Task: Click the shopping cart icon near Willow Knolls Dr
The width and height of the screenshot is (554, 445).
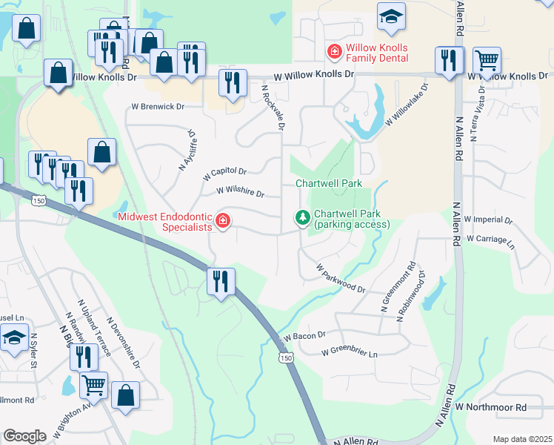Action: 487,61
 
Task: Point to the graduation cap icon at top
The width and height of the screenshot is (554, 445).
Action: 391,16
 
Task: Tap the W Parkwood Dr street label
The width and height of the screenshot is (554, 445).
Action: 341,277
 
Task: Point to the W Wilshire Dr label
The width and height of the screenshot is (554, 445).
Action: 240,193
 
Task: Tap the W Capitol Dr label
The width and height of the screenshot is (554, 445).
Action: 224,174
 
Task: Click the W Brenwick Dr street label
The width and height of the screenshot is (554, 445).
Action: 157,107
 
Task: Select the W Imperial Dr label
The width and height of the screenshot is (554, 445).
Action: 488,221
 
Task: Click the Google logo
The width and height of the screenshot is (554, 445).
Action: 24,436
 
